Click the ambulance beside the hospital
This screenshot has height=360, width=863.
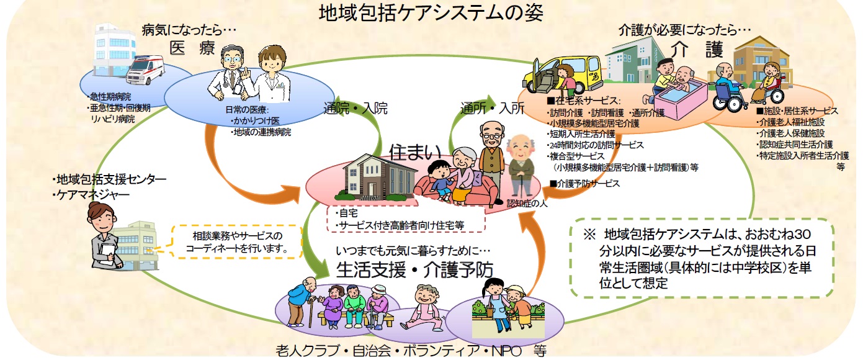[x=145, y=70]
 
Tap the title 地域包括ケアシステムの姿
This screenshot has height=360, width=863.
[x=431, y=12]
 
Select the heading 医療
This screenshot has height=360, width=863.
[x=192, y=48]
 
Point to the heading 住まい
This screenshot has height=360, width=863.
[x=415, y=152]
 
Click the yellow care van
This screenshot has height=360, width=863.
[x=561, y=76]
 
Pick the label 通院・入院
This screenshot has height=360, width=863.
[x=355, y=108]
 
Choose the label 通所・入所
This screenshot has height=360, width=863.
[x=493, y=108]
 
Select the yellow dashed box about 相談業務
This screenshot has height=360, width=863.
[x=237, y=242]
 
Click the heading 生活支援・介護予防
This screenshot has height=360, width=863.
[x=414, y=269]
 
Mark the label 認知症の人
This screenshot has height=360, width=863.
[x=527, y=203]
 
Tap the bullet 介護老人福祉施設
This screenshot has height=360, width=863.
[x=790, y=122]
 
